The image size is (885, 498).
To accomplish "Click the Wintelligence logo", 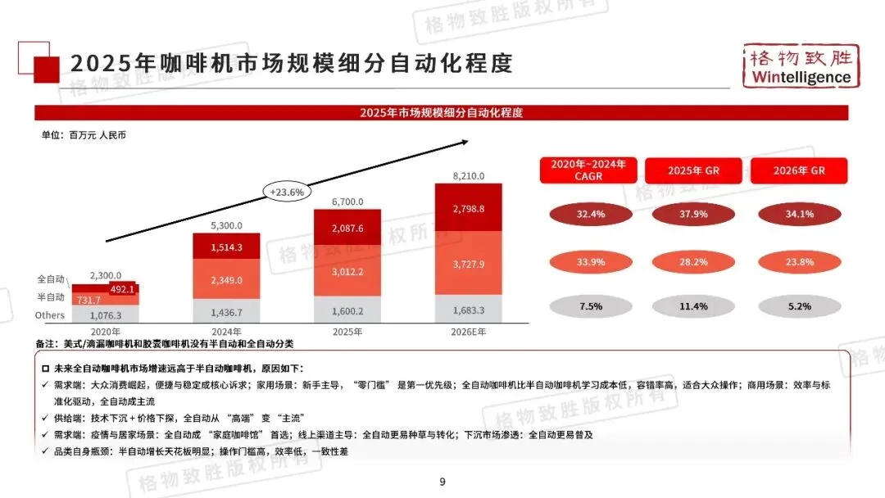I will [799, 66].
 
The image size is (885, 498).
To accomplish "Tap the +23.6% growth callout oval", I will [287, 192].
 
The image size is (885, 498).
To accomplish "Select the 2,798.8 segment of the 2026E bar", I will [469, 209].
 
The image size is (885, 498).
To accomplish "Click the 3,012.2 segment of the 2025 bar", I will [348, 272].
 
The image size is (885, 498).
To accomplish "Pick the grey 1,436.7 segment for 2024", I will [226, 312].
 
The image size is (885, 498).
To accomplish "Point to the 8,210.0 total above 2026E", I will [469, 175].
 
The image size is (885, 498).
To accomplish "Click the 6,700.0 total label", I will [348, 201].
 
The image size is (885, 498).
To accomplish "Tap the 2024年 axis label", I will [226, 332].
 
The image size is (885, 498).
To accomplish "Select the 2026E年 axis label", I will [469, 332].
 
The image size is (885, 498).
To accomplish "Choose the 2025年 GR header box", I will [693, 170].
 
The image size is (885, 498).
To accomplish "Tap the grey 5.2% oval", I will [799, 306].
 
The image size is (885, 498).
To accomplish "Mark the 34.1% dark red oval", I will [799, 215].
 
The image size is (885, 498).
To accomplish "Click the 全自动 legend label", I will [51, 279].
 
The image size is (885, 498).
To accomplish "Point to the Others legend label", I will [50, 315].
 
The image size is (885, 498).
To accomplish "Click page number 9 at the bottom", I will [442, 482].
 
